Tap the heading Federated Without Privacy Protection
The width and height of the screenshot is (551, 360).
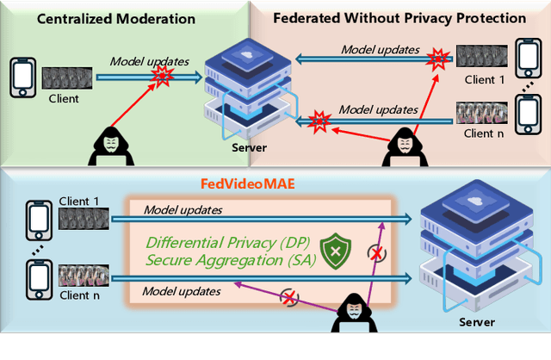coord(399,17)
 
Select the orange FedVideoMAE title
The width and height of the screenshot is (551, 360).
coord(257,183)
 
